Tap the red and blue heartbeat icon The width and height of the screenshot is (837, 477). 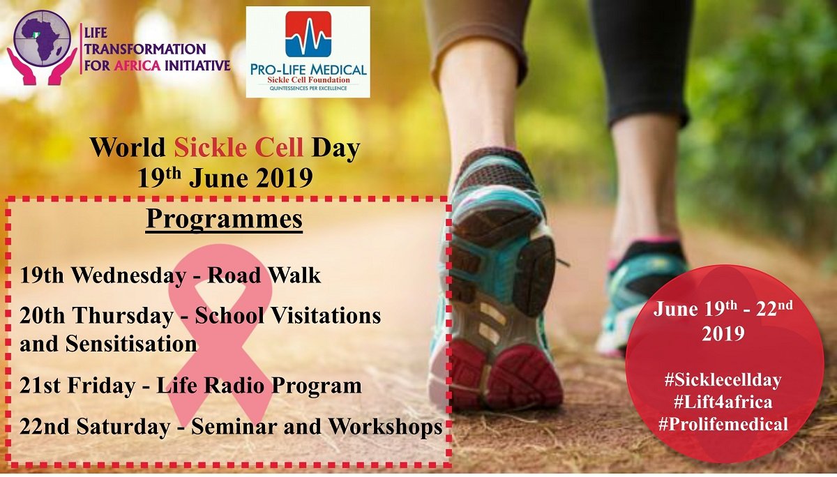(x=308, y=34)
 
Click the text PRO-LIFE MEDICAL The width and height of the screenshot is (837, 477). (x=308, y=70)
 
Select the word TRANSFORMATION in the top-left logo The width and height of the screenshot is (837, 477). (x=144, y=50)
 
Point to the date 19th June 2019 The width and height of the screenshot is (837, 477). (x=225, y=178)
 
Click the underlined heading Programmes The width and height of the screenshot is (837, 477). (x=224, y=219)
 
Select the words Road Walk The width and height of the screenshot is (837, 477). (x=265, y=275)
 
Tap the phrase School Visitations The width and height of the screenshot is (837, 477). (x=288, y=316)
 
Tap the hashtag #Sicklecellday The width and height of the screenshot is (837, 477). (x=723, y=380)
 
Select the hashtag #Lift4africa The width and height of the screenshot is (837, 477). (x=723, y=402)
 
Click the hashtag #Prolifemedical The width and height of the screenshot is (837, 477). (x=723, y=423)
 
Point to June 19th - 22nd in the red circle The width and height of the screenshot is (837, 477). (x=723, y=309)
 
